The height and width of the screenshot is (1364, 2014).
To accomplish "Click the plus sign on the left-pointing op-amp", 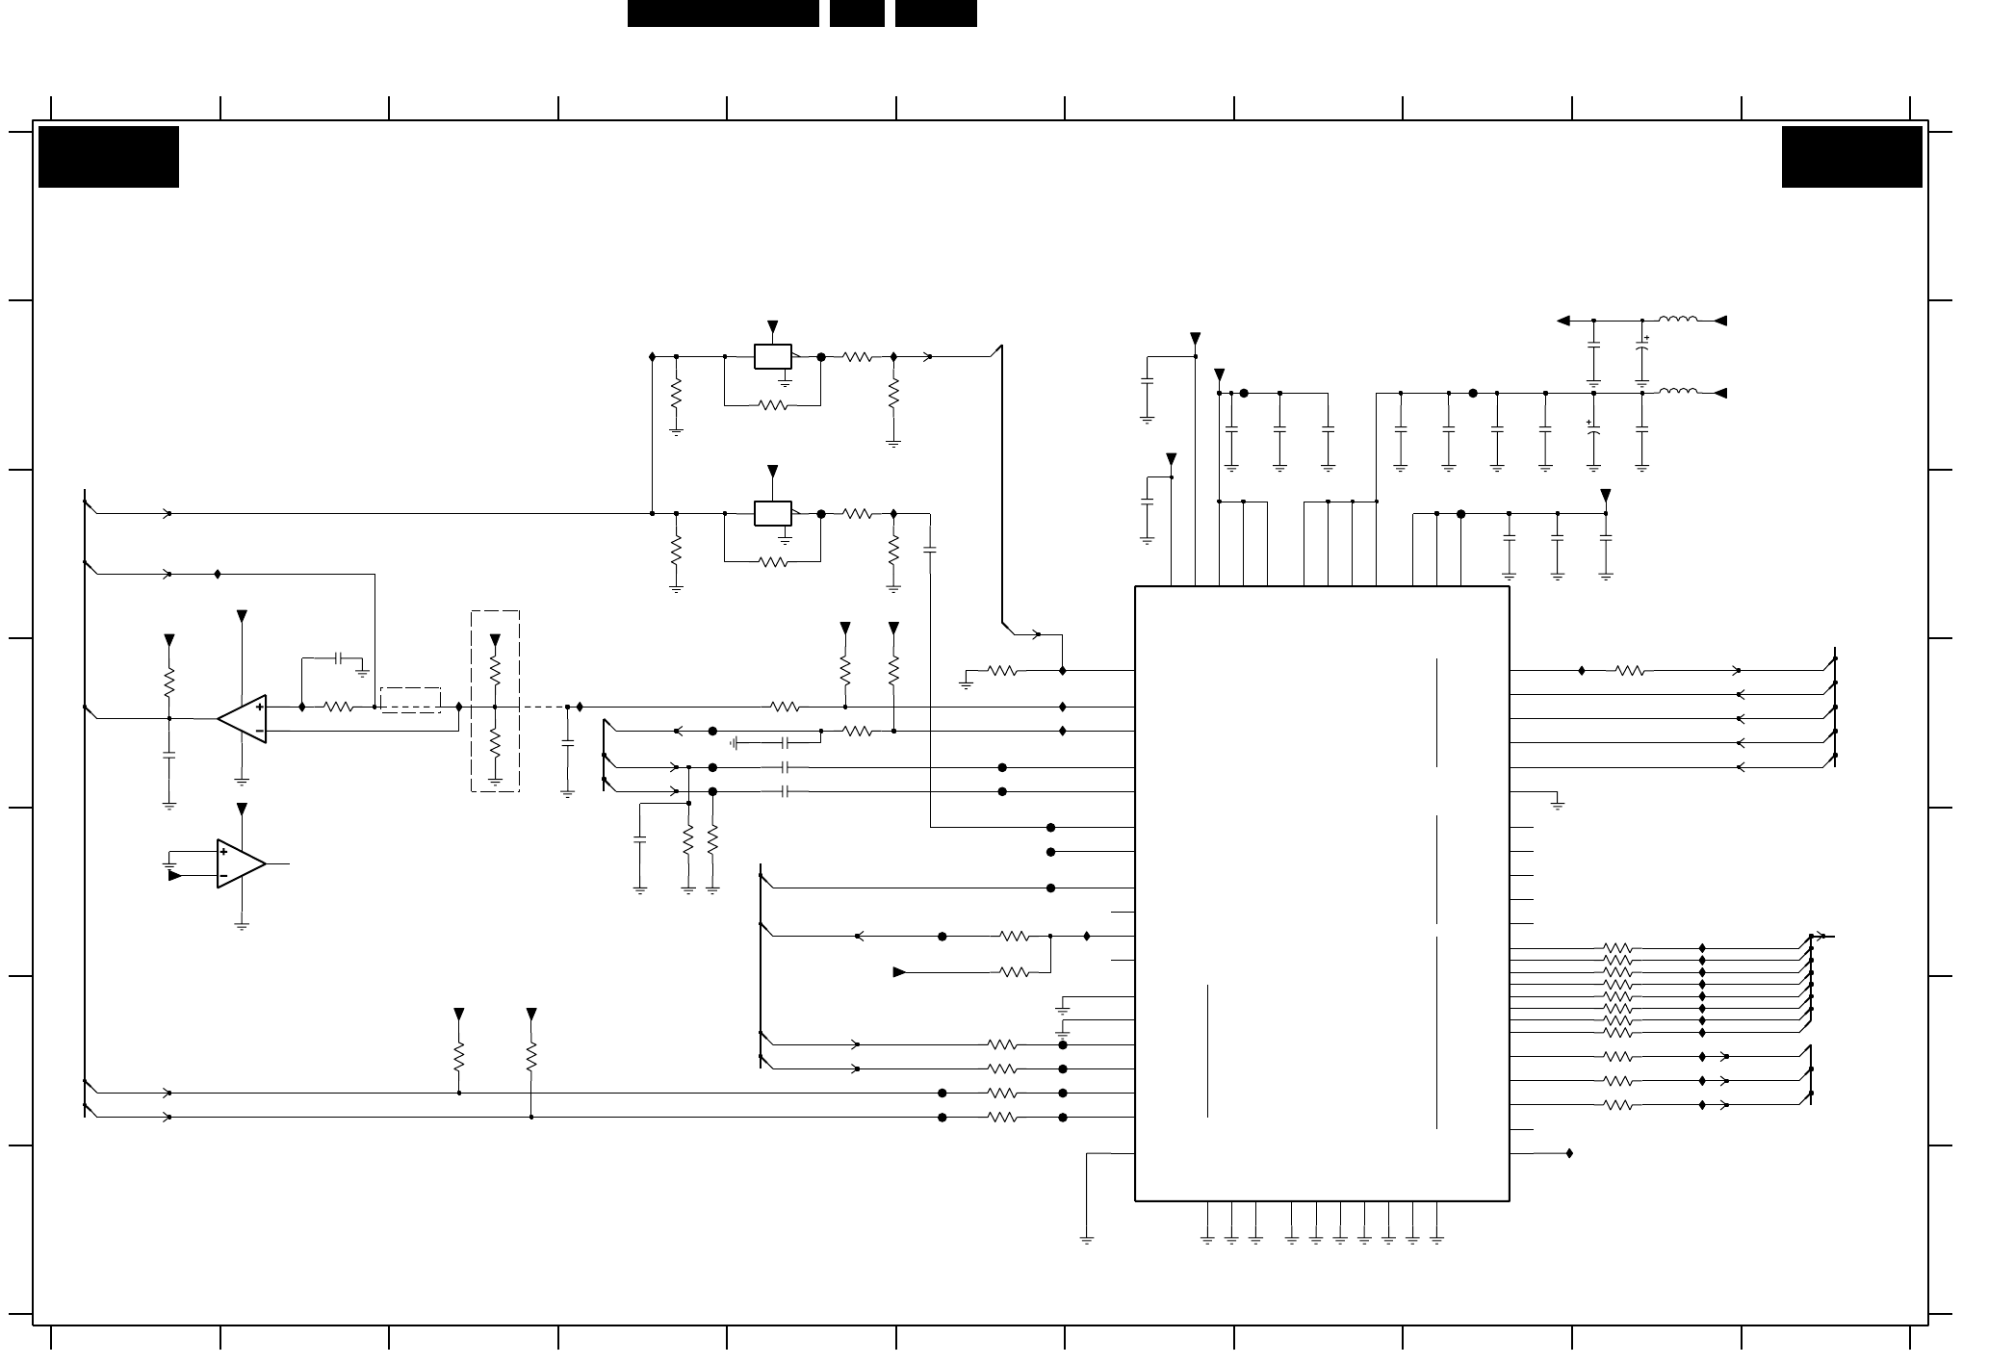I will pyautogui.click(x=259, y=707).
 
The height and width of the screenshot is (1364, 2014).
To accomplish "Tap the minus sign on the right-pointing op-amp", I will pyautogui.click(x=224, y=876).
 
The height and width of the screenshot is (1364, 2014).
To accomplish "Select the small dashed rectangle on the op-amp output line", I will pyautogui.click(x=411, y=700).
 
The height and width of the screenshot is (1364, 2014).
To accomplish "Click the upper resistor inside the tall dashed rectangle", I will pyautogui.click(x=495, y=669).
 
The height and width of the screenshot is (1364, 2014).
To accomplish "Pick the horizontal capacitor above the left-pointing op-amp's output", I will pyautogui.click(x=338, y=658).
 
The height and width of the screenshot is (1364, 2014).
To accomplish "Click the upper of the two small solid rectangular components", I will pyautogui.click(x=772, y=356).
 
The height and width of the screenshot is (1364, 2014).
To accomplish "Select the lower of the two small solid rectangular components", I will pyautogui.click(x=772, y=513).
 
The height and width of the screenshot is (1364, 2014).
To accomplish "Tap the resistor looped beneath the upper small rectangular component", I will pyautogui.click(x=773, y=405).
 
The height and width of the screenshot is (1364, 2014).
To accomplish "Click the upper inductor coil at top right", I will pyautogui.click(x=1678, y=320).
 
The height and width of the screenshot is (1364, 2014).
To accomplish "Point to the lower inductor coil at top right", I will pyautogui.click(x=1678, y=393).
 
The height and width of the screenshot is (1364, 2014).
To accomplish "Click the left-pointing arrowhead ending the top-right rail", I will pyautogui.click(x=1564, y=321).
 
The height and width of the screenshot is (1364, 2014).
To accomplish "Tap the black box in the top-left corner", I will pyautogui.click(x=109, y=157).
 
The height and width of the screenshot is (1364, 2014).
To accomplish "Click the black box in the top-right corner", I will pyautogui.click(x=1851, y=157).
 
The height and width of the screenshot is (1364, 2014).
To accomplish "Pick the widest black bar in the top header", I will pyautogui.click(x=723, y=13).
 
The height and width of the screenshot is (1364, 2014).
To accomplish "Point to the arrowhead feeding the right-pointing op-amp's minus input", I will pyautogui.click(x=175, y=876).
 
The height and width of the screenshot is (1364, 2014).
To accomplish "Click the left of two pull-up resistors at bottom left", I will pyautogui.click(x=459, y=1055).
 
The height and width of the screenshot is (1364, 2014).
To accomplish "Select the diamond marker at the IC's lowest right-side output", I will pyautogui.click(x=1569, y=1153).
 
